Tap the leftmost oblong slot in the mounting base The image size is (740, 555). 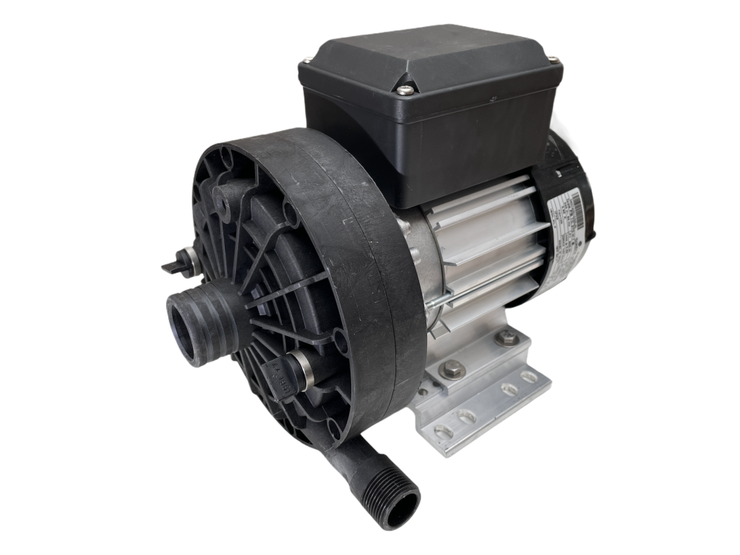[440, 431]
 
